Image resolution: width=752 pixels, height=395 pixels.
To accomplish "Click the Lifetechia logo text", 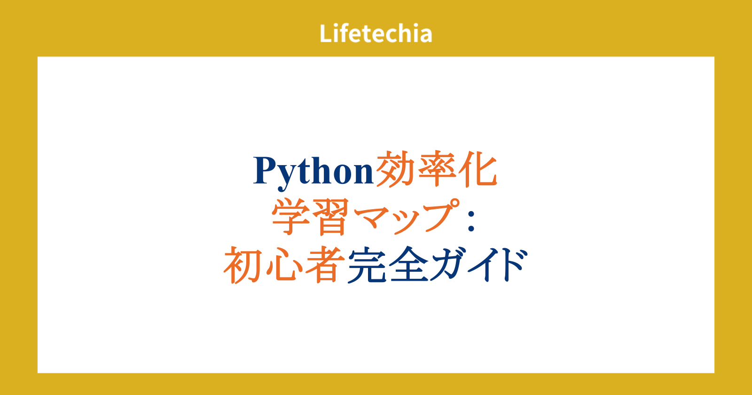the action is coord(376,33).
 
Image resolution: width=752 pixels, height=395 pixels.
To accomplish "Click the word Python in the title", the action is coord(313,171).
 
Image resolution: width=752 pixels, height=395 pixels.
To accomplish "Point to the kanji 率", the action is coord(437,168).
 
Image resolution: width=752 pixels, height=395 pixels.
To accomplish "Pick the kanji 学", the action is coord(291,217).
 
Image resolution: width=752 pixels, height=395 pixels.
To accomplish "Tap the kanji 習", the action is coord(331,217).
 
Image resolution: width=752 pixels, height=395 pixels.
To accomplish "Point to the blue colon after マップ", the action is coord(471,221).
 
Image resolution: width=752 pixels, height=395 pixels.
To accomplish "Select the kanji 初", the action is coord(242,265).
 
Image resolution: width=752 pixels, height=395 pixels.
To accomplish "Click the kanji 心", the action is coord(284,265).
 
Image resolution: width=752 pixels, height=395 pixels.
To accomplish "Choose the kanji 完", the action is coord(367,265).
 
